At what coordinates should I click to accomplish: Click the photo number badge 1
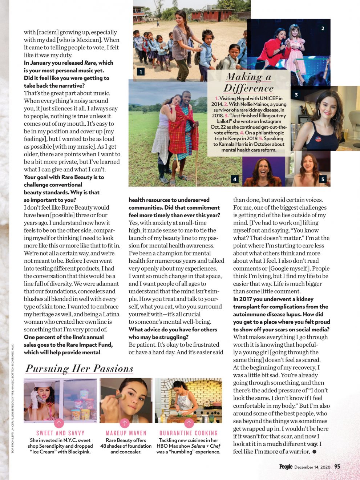point(141,72)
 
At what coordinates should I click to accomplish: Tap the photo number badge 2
point(323,28)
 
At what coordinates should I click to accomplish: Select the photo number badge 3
point(296,95)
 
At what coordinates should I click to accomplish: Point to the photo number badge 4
point(235,179)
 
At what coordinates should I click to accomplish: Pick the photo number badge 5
point(323,179)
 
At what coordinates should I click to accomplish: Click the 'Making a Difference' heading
point(249,82)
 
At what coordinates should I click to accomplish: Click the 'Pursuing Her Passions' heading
point(80,368)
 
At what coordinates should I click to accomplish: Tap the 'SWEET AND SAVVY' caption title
point(60,433)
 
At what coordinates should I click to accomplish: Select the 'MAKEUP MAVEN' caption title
point(126,433)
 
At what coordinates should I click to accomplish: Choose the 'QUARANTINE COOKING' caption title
point(189,433)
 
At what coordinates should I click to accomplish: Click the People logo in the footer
point(286,467)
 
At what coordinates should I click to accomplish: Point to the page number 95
point(337,467)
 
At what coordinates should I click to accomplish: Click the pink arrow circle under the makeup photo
point(125,423)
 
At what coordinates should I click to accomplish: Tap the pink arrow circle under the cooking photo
point(189,423)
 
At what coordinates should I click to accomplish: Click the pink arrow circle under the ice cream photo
point(59,423)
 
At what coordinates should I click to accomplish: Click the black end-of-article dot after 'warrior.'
point(315,452)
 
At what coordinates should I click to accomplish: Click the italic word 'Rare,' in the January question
point(90,63)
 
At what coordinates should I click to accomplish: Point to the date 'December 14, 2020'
point(312,467)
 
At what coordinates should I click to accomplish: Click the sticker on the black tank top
point(318,138)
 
